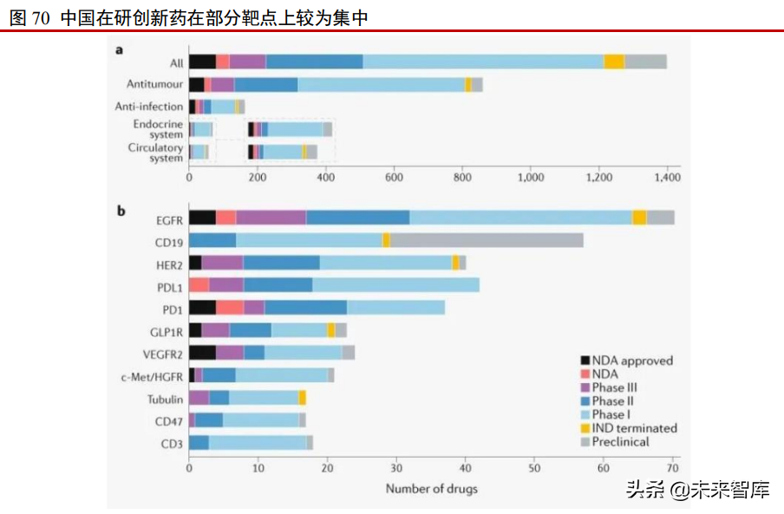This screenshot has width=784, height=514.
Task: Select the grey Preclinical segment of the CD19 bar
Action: coord(487,240)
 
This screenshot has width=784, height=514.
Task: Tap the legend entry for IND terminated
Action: coord(634,427)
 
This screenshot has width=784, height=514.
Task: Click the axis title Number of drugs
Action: coord(431,489)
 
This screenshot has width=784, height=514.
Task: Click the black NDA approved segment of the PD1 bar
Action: coord(202,308)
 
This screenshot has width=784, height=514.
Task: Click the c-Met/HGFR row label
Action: coord(153,375)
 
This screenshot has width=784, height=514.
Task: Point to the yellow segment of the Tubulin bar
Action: coord(302,398)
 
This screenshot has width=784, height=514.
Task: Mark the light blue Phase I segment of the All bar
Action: coord(483,62)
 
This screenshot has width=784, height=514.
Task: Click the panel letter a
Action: coord(120,49)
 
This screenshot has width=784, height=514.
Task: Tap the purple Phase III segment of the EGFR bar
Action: coord(271,218)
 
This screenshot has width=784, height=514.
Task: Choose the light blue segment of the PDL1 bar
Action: coord(395,285)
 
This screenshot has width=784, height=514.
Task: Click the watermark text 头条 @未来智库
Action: coord(697,491)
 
